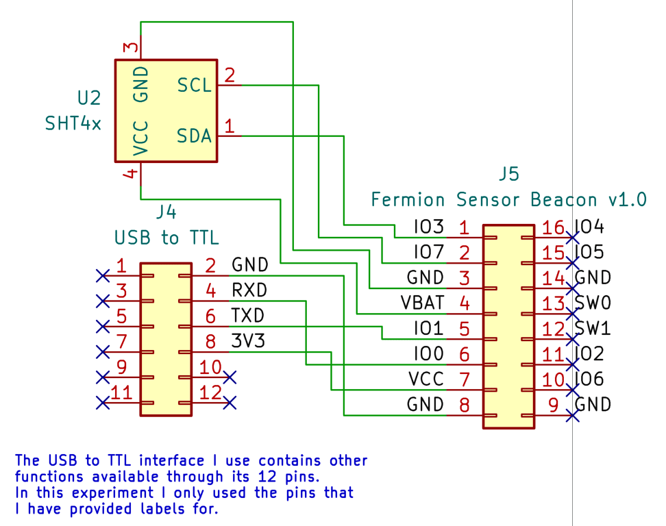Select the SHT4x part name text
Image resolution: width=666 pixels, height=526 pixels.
tap(73, 123)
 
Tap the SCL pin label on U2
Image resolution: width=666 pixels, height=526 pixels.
tap(194, 86)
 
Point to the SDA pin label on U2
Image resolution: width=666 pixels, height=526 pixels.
tap(194, 136)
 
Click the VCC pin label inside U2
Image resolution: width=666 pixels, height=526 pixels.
tap(140, 139)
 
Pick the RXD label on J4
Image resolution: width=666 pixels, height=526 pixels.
tap(249, 290)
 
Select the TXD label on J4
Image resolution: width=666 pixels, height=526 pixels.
tap(248, 316)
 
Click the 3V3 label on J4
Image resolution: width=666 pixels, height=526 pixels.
tap(248, 341)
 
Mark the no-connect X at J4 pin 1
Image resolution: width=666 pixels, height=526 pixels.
tap(103, 275)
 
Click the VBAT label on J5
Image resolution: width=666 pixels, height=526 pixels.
tap(422, 302)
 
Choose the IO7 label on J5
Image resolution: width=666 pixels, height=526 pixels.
tap(429, 252)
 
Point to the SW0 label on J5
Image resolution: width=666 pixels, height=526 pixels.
tap(593, 302)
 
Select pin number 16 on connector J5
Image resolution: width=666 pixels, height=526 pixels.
tap(553, 227)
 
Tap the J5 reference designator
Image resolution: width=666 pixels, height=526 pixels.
tap(508, 175)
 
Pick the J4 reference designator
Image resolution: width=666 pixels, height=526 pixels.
tap(166, 212)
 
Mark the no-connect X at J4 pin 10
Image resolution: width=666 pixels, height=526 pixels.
tap(230, 377)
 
